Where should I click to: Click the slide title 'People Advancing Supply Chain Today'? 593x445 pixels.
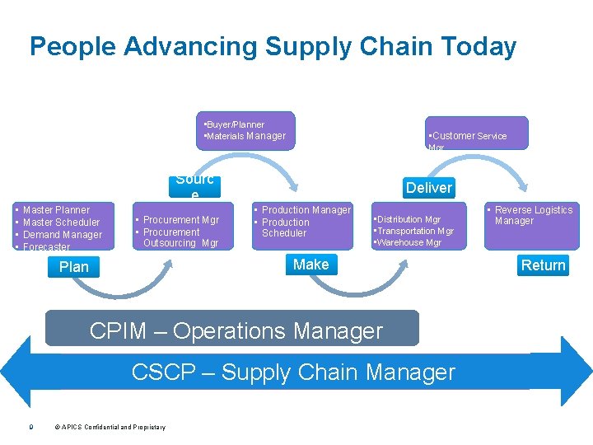click(x=273, y=46)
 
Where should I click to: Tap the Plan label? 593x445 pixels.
click(x=74, y=267)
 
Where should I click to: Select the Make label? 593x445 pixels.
click(x=311, y=265)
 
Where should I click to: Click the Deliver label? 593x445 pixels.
click(x=428, y=188)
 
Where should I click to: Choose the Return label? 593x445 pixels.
click(x=543, y=265)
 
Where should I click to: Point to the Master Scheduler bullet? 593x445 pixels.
click(x=61, y=222)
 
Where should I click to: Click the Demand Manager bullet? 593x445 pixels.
click(x=63, y=235)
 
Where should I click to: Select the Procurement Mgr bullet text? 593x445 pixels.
click(x=180, y=220)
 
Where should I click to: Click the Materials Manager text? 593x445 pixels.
click(x=245, y=136)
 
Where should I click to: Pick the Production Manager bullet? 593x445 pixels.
click(x=306, y=210)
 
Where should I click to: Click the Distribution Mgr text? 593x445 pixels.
click(x=409, y=220)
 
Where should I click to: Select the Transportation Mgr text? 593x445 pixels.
click(x=414, y=232)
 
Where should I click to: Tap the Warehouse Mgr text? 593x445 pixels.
click(x=409, y=243)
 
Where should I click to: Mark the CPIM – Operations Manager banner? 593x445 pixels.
click(x=236, y=331)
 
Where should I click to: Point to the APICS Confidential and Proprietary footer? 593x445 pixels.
click(x=110, y=427)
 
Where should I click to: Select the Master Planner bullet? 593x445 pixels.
click(x=56, y=210)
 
